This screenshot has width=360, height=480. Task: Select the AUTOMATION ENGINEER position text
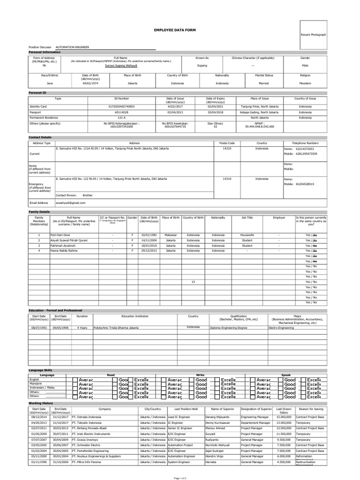(72, 47)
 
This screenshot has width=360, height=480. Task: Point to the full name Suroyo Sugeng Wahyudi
(121, 66)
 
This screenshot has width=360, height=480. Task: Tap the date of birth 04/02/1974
(90, 82)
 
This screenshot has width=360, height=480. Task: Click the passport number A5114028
(121, 112)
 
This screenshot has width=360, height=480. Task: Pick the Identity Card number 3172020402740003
(121, 107)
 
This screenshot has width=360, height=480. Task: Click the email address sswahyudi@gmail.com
(70, 203)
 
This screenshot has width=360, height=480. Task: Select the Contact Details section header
(40, 137)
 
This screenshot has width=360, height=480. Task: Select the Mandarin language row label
(36, 383)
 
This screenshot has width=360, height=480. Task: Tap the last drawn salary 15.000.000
(284, 417)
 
